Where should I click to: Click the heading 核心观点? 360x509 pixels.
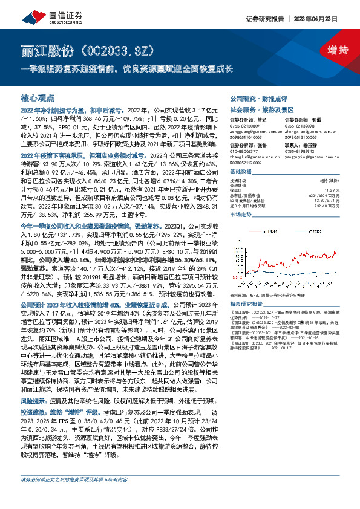click(38, 97)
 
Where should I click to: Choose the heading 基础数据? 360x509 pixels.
click(243, 172)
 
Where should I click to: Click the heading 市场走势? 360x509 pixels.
click(243, 214)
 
